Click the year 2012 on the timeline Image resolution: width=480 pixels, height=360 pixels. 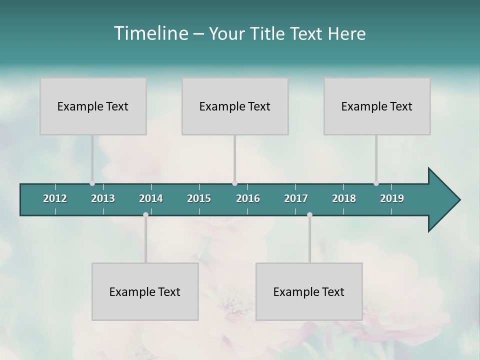[55, 198]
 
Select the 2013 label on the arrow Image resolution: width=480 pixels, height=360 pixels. [103, 198]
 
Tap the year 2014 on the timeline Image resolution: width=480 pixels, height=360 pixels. [151, 198]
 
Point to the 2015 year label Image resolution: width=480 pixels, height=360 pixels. [199, 198]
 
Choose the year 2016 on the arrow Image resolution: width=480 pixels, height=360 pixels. [248, 198]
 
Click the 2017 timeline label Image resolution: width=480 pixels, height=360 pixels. [296, 198]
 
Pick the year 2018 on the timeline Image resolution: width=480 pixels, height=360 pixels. [344, 198]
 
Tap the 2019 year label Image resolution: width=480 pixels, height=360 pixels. [392, 198]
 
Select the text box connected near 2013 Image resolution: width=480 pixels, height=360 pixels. [93, 106]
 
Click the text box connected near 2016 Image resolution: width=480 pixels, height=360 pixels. [235, 106]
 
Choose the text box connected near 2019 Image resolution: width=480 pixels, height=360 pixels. [377, 106]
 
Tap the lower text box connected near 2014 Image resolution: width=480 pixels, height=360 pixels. [145, 291]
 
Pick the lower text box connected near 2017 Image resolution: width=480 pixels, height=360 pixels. [309, 291]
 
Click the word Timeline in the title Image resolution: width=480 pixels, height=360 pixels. [150, 33]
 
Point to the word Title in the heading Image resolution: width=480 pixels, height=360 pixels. [267, 33]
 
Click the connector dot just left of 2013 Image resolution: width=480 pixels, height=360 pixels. [92, 183]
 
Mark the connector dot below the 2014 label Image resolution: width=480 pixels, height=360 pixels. [145, 214]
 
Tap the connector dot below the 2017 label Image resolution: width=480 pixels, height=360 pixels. [309, 214]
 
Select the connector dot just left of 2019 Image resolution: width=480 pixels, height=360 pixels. [376, 183]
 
